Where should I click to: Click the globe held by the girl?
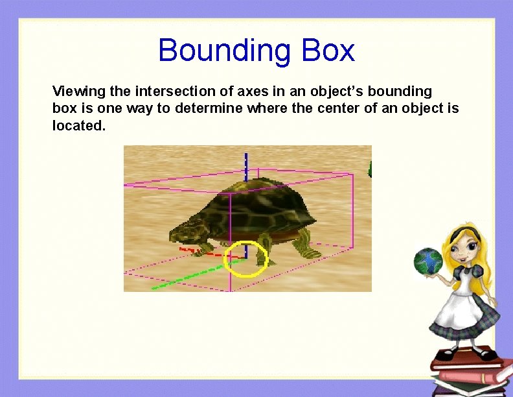click(x=428, y=260)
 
